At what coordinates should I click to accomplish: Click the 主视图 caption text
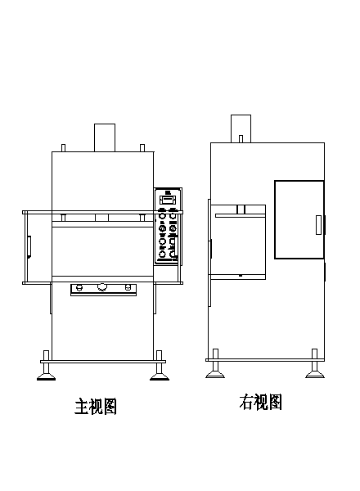[x=96, y=406]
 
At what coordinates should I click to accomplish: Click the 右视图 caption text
[x=260, y=402]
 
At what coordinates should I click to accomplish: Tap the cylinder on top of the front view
[x=105, y=137]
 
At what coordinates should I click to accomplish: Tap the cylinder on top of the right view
[x=241, y=128]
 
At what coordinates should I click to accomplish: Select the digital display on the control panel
[x=168, y=200]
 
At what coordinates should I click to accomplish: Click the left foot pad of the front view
[x=47, y=376]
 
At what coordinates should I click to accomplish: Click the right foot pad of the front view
[x=160, y=376]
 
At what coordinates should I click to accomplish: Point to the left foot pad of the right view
[x=215, y=374]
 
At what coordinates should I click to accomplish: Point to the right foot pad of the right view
[x=315, y=374]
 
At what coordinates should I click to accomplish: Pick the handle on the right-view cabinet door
[x=318, y=225]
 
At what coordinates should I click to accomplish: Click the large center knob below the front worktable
[x=101, y=287]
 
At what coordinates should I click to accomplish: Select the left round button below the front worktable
[x=79, y=287]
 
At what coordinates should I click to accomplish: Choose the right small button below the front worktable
[x=128, y=287]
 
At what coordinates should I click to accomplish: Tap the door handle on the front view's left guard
[x=29, y=247]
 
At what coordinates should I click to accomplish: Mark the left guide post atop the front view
[x=63, y=148]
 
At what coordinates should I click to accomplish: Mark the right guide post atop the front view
[x=142, y=148]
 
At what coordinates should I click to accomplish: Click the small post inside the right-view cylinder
[x=241, y=139]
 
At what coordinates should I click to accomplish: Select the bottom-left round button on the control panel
[x=162, y=254]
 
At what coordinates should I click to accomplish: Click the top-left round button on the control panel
[x=162, y=216]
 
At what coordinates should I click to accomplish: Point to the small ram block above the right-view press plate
[x=241, y=209]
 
